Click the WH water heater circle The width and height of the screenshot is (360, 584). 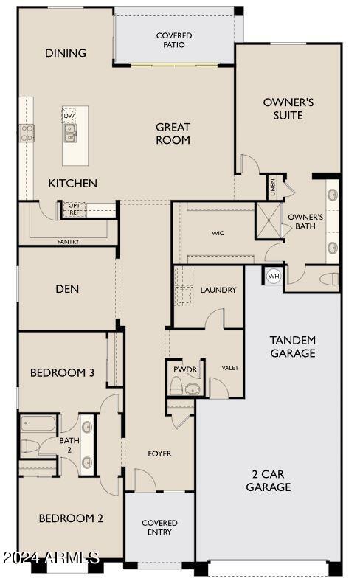274,276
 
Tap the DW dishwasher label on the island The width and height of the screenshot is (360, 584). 69,116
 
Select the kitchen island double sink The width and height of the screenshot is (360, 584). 69,133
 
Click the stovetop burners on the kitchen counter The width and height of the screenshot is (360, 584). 27,133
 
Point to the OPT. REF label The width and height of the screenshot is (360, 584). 75,209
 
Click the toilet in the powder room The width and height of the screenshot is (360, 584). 176,386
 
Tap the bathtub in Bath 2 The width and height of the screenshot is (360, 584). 38,423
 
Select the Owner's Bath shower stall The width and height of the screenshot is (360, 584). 269,220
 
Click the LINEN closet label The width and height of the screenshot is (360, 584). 272,187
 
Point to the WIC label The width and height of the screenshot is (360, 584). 218,233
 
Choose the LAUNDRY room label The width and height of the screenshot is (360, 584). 218,290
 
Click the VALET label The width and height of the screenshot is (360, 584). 230,368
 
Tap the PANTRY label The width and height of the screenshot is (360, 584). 68,242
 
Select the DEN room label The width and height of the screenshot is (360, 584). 67,289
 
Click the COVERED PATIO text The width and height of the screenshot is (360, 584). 174,41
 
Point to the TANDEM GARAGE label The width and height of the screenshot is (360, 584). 293,347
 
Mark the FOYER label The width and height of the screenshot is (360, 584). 159,453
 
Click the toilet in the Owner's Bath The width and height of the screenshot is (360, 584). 329,279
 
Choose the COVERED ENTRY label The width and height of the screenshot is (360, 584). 159,527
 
